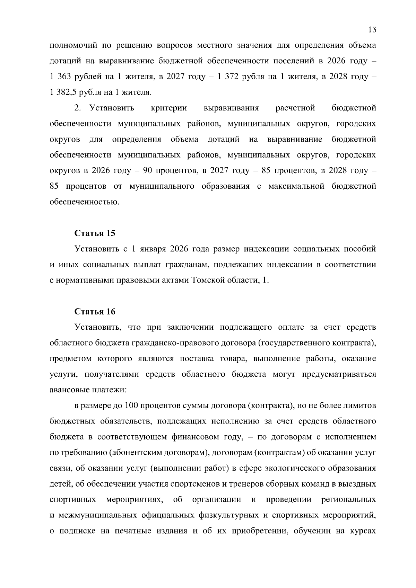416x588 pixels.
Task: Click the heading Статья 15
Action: [x=95, y=233]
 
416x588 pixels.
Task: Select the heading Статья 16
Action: [x=95, y=311]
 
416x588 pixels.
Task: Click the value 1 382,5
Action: [x=62, y=92]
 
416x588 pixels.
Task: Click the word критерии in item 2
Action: [x=169, y=108]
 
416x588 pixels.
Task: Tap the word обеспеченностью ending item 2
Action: [x=84, y=202]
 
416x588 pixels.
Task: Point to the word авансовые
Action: [x=69, y=390]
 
